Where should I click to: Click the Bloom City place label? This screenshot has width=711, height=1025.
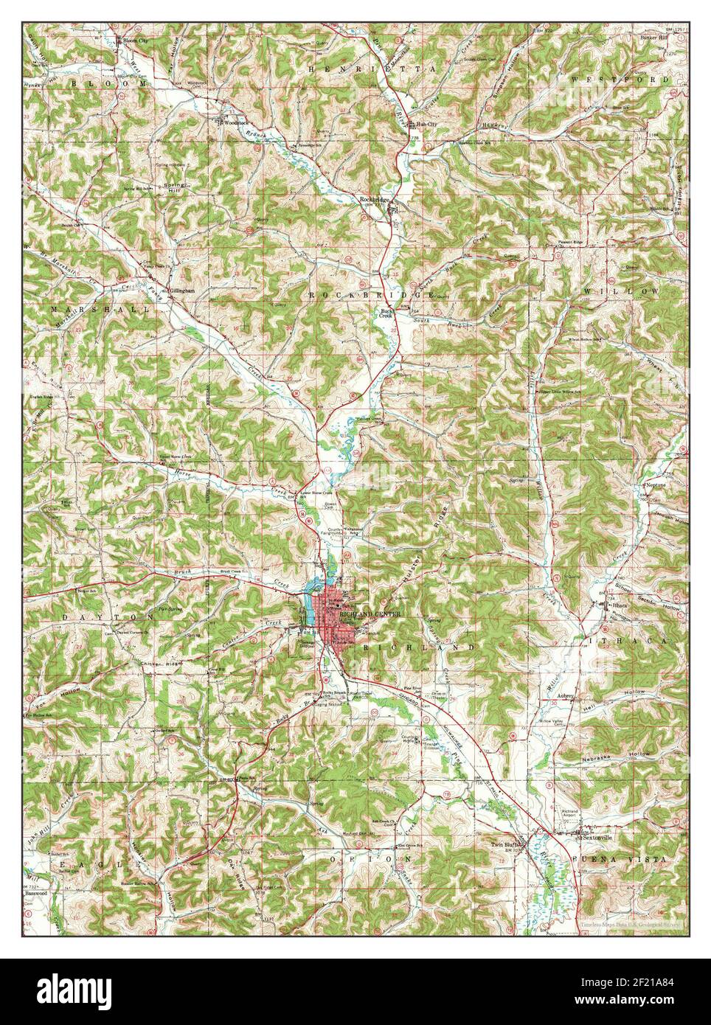tap(136, 39)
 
